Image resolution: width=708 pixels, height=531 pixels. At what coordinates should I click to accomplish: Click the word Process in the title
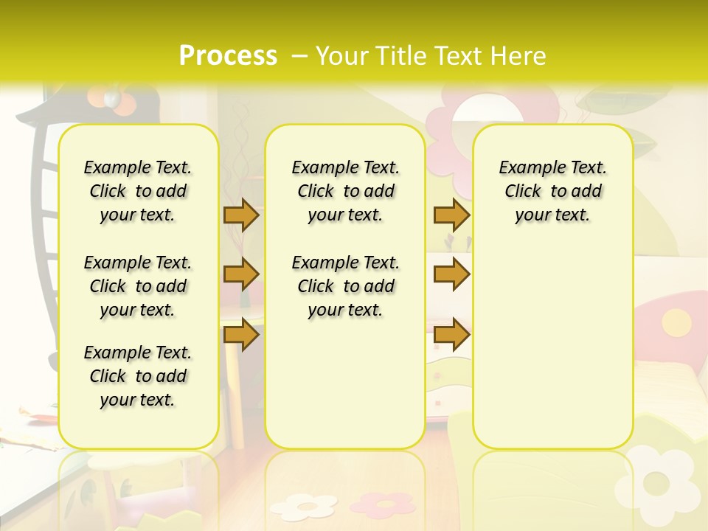tap(228, 55)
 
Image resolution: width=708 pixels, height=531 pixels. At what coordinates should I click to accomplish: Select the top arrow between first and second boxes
tap(241, 215)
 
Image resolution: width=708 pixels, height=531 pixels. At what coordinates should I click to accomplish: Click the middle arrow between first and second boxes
tap(241, 274)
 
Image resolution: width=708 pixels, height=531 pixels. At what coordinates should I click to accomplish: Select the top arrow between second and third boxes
tap(451, 215)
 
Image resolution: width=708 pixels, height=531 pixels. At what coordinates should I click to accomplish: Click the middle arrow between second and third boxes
tap(451, 274)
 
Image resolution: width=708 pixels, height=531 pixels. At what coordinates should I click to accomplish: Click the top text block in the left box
tap(138, 191)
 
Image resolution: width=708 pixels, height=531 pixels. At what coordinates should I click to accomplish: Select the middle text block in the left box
tap(138, 286)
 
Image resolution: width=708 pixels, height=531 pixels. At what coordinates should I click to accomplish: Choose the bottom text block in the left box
tap(138, 376)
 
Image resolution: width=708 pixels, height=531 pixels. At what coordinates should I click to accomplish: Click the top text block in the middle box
tap(345, 191)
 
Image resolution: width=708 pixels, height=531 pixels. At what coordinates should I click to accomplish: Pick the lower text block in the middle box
tap(345, 286)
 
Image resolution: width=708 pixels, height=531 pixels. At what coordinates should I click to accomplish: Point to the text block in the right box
tap(552, 191)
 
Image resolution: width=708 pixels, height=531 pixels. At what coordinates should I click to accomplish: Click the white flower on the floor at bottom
tap(303, 506)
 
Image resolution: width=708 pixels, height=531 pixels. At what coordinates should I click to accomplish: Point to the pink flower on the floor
tap(381, 504)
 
